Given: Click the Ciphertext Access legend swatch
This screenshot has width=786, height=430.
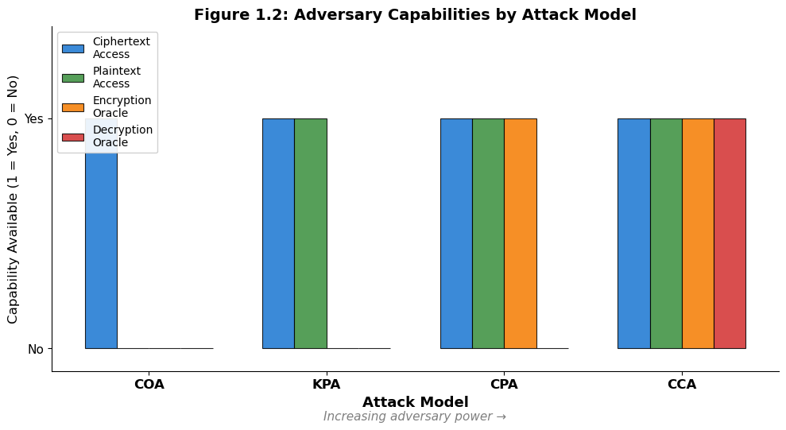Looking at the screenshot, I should click(x=73, y=48).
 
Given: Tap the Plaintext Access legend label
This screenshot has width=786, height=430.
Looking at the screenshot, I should click(x=116, y=77).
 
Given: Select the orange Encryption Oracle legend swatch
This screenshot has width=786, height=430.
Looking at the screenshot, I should click(x=73, y=107).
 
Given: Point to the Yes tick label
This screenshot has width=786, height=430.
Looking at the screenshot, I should click(x=34, y=119).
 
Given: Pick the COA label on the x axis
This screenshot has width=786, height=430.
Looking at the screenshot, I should click(x=149, y=385).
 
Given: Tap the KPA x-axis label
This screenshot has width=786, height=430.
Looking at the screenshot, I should click(x=327, y=385).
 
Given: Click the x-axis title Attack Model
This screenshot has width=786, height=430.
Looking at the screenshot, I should click(x=415, y=402).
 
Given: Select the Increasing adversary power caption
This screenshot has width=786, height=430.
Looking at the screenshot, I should click(x=415, y=416).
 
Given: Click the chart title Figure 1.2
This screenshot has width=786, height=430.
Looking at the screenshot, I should click(x=415, y=14).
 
